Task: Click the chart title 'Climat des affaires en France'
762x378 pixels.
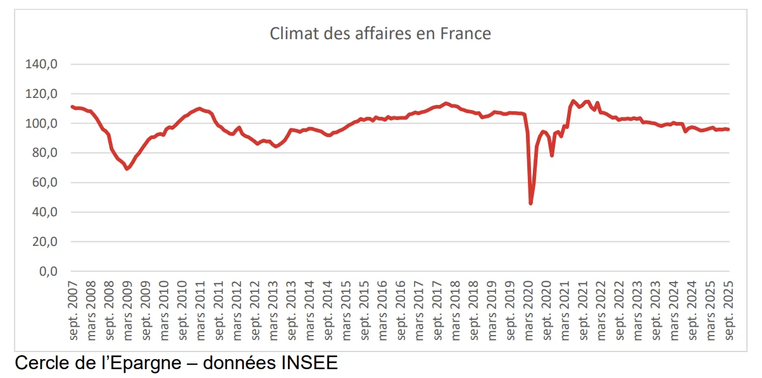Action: click(380, 34)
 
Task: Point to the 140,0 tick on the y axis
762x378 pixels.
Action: click(42, 64)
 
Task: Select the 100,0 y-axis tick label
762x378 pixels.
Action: click(42, 123)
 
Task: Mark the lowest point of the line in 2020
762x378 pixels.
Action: click(530, 203)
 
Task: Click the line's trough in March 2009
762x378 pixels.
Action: click(127, 169)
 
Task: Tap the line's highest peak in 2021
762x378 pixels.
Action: click(573, 101)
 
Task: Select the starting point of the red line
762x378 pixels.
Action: click(72, 106)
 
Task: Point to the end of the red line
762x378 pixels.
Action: click(728, 130)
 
